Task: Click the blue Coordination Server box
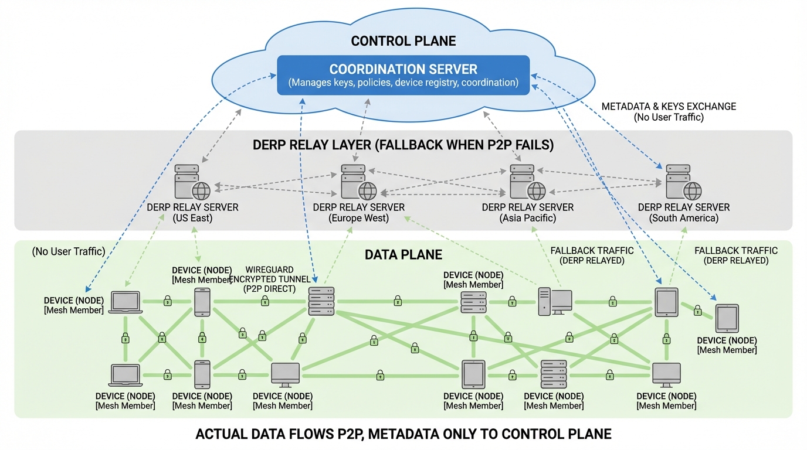(403, 75)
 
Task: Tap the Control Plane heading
(403, 41)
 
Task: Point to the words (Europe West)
(359, 218)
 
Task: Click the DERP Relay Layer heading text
(403, 145)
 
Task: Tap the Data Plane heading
(403, 254)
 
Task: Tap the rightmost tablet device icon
(727, 319)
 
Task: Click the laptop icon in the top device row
(126, 302)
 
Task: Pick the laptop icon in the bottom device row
(126, 375)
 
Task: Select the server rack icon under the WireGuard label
(321, 302)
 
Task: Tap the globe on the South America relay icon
(693, 190)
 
